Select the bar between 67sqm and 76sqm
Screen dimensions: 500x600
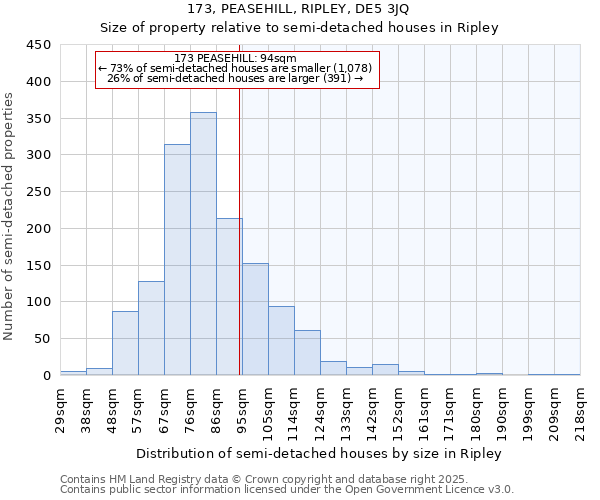pyautogui.click(x=177, y=260)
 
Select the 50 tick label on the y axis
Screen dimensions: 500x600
pyautogui.click(x=42, y=339)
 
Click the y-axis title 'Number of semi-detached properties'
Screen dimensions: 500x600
pyautogui.click(x=10, y=216)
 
